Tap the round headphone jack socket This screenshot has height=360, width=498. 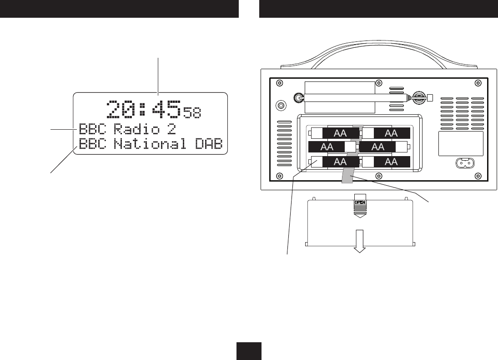pyautogui.click(x=282, y=105)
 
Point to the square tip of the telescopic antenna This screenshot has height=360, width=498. pyautogui.click(x=430, y=97)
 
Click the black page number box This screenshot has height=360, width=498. pyautogui.click(x=249, y=351)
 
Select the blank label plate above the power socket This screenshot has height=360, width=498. pyautogui.click(x=460, y=144)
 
